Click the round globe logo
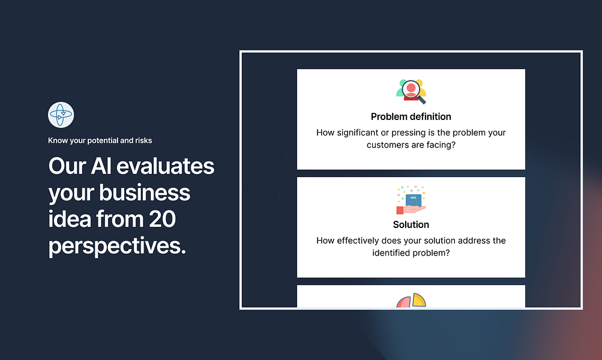click(61, 115)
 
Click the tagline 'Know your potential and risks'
click(100, 140)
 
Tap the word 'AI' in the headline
click(101, 166)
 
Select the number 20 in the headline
click(162, 219)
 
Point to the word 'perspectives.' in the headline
click(117, 246)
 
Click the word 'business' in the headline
click(145, 192)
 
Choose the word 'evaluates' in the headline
click(166, 166)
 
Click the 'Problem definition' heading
click(411, 116)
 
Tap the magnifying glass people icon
click(411, 91)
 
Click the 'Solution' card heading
click(411, 224)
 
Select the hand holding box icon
click(411, 200)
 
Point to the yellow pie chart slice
click(420, 300)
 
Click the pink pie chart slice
click(404, 302)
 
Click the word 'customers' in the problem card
click(385, 145)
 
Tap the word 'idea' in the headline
click(70, 219)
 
